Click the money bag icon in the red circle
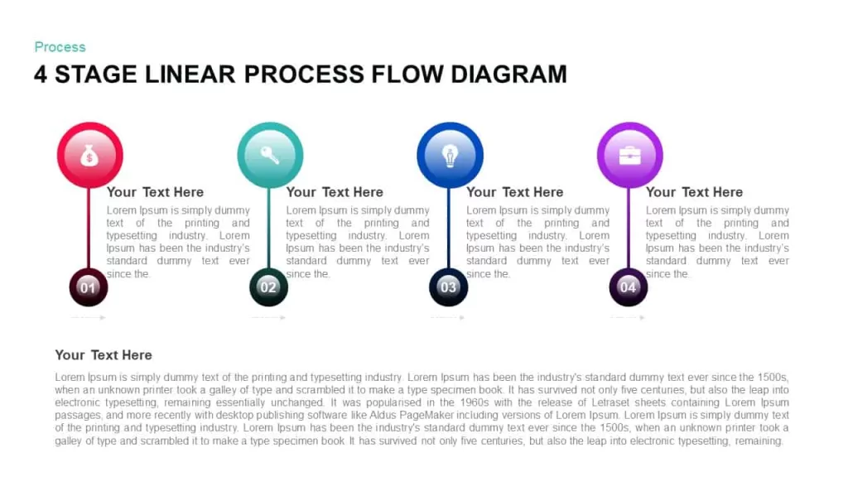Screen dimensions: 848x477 89,156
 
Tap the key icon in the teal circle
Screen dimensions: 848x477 270,155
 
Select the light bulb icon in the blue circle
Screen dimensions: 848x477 450,156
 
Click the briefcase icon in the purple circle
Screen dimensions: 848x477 629,156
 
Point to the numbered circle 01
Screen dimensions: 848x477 88,287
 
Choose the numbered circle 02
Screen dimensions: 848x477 268,287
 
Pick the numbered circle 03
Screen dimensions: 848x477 448,287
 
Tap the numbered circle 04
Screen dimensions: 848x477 628,287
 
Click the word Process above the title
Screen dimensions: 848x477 60,47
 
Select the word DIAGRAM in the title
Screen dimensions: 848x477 509,74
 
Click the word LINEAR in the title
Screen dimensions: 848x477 190,74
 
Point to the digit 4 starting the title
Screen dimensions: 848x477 41,74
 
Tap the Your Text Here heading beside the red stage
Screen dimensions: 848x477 155,192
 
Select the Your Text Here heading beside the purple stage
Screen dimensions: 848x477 695,192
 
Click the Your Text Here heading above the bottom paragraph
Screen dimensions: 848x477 104,354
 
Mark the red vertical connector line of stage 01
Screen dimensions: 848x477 89,228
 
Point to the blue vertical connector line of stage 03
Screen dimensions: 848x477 448,228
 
